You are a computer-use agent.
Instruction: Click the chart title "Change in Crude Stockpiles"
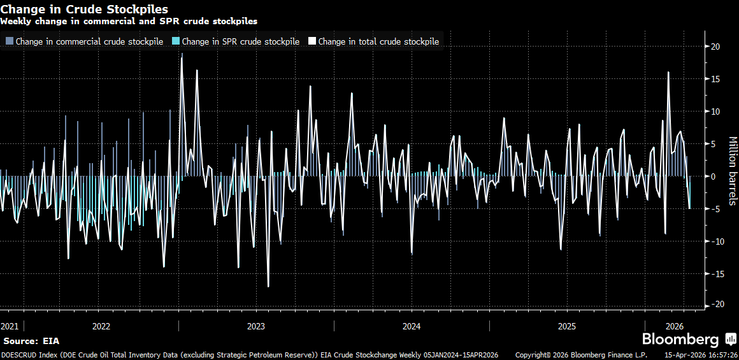[x=85, y=9]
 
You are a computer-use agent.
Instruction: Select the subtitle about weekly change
[x=129, y=21]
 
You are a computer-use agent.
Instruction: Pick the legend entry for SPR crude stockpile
[x=235, y=41]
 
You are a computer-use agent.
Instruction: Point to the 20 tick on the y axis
[x=715, y=47]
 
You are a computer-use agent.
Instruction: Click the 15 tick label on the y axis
[x=715, y=79]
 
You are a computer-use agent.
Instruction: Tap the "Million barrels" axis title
[x=732, y=171]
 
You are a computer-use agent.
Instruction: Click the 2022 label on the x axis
[x=101, y=326]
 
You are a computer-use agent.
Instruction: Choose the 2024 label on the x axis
[x=412, y=326]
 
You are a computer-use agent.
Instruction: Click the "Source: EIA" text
[x=31, y=342]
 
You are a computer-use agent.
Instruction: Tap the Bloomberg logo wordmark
[x=680, y=340]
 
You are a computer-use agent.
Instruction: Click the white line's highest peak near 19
[x=182, y=54]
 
